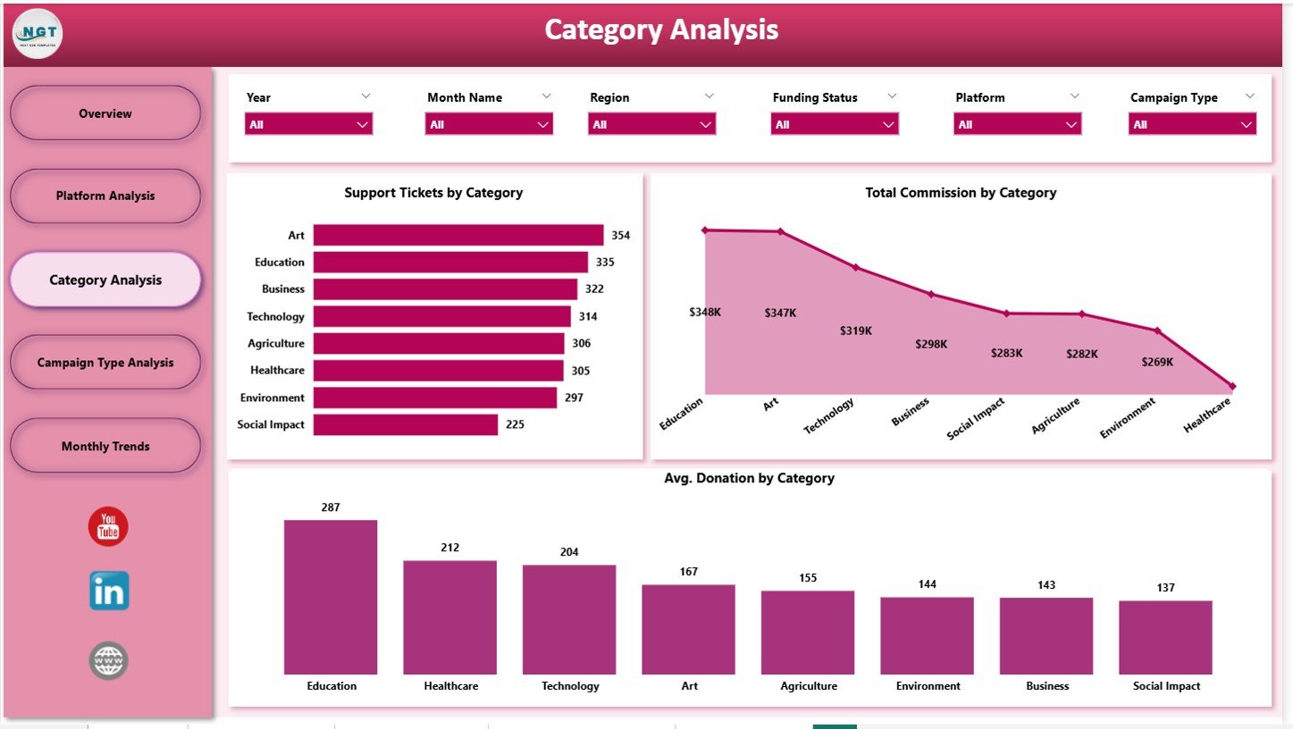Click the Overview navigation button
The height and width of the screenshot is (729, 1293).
[105, 113]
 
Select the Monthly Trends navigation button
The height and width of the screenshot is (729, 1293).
[105, 446]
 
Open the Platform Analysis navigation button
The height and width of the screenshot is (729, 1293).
[105, 196]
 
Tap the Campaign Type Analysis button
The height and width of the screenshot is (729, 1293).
[105, 363]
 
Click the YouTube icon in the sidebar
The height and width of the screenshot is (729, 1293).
[108, 527]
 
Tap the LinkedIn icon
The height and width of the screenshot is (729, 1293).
[109, 591]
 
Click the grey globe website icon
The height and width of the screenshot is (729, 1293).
[109, 661]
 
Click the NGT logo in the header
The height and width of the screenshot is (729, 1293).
[38, 33]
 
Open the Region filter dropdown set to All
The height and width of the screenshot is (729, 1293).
[651, 124]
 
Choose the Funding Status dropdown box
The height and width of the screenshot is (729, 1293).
[834, 124]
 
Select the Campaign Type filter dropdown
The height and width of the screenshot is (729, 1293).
[1192, 124]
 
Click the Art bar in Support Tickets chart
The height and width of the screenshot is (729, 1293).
[458, 235]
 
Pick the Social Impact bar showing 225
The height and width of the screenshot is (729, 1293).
[405, 424]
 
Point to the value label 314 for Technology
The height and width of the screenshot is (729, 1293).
[588, 316]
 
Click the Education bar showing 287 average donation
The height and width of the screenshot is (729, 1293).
[331, 597]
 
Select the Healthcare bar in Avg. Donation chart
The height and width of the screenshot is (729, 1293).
[449, 616]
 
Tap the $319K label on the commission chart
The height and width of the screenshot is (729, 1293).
[855, 331]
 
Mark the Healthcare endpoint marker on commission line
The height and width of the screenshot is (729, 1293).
[1232, 387]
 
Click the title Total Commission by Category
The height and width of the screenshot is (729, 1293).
[961, 192]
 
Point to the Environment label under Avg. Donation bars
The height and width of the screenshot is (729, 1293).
[928, 686]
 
